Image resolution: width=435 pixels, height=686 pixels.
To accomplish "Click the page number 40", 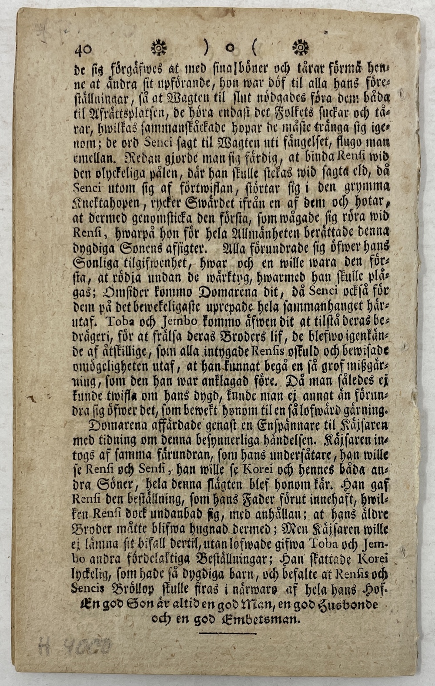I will (x=83, y=49).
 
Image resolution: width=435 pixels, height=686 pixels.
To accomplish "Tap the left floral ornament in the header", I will (x=158, y=47).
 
